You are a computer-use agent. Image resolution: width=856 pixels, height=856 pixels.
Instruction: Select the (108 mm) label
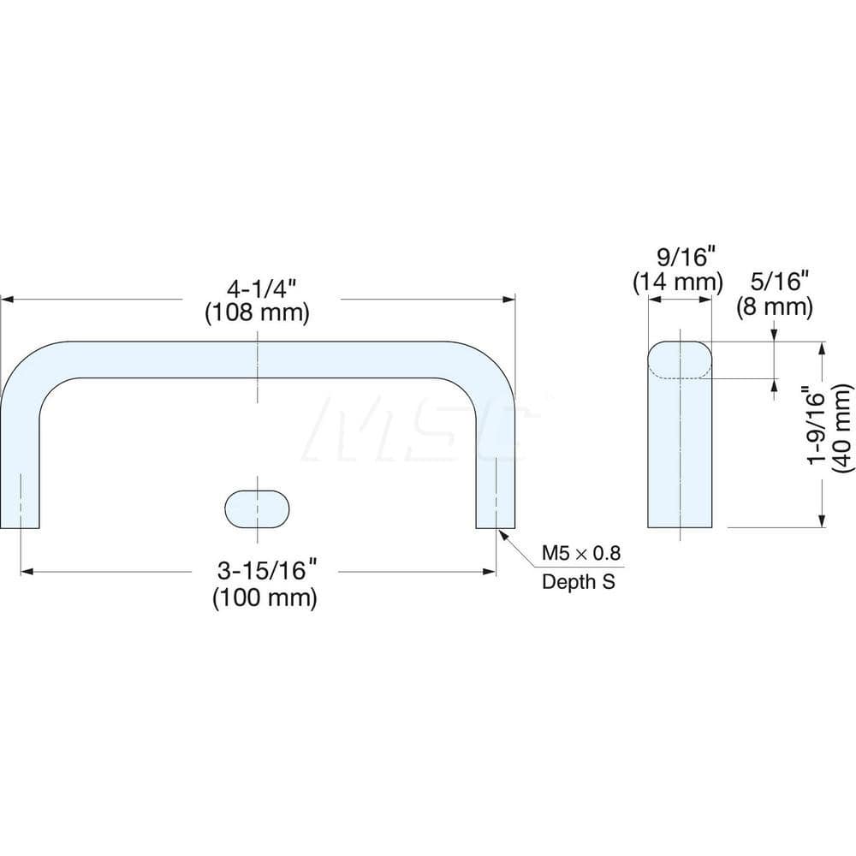pos(256,312)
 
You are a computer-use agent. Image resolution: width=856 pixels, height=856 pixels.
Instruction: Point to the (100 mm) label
pos(265,597)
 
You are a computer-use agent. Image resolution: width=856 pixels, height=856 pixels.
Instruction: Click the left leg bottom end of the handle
pos(21,524)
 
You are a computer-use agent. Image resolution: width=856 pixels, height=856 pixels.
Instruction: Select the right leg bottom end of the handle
pos(496,524)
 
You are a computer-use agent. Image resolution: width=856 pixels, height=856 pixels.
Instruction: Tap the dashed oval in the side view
pos(680,360)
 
